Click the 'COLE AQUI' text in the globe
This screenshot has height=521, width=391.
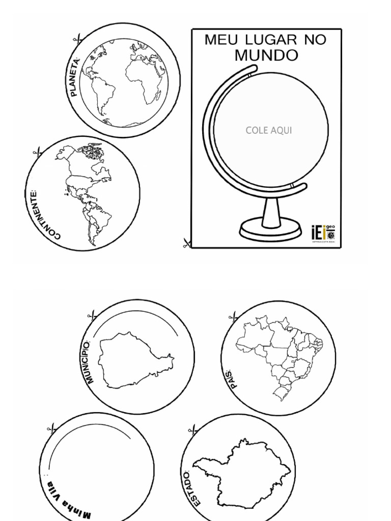pyautogui.click(x=269, y=130)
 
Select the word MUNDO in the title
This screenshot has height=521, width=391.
pyautogui.click(x=266, y=55)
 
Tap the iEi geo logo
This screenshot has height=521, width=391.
pyautogui.click(x=323, y=234)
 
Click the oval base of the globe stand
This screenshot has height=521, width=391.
pyautogui.click(x=270, y=230)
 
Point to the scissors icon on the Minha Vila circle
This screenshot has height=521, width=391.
pyautogui.click(x=52, y=428)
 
